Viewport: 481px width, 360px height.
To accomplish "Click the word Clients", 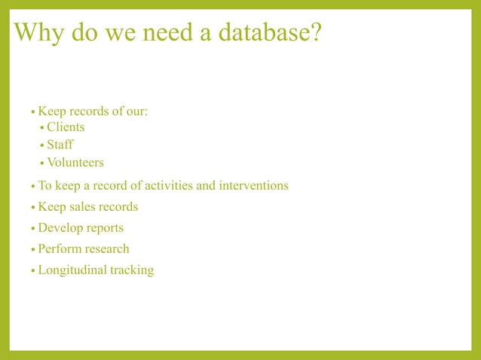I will pyautogui.click(x=66, y=127).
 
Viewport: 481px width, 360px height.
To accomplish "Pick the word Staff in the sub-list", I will pyautogui.click(x=60, y=145).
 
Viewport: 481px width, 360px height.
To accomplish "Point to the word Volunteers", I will pyautogui.click(x=75, y=163).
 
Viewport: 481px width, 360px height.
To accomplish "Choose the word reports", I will pyautogui.click(x=105, y=227).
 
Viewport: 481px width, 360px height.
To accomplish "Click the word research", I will pyautogui.click(x=108, y=249).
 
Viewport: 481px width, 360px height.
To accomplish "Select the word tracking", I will pyautogui.click(x=132, y=270).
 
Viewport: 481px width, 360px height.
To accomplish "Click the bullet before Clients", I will pyautogui.click(x=41, y=128).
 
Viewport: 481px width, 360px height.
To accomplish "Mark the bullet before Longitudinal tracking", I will pyautogui.click(x=32, y=270).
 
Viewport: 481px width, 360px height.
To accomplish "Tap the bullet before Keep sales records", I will pyautogui.click(x=32, y=207).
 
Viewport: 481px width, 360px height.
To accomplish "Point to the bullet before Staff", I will pyautogui.click(x=41, y=145).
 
